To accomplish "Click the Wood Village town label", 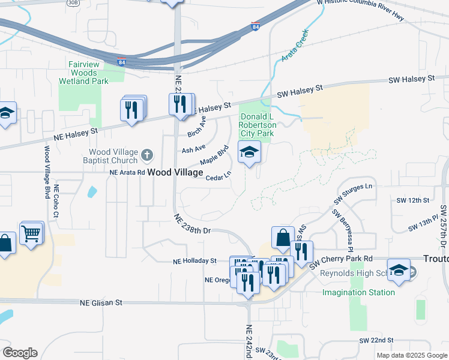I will pos(175,172).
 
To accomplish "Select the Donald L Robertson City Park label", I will pos(256,125).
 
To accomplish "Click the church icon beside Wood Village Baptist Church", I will pos(146,157).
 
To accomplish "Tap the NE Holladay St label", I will pos(194,261).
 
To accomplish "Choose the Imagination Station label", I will pos(358,292).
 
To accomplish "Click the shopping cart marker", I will pos(31,233).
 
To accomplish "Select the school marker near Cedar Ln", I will pos(249,152).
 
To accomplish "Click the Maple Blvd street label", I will pos(214,155).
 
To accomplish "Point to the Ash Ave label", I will pos(193,148).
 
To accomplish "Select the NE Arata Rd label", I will pos(127,172).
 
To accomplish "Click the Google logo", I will pos(19,352).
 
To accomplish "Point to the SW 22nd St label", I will pos(376,340).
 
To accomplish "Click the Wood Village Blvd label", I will pos(46,171).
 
